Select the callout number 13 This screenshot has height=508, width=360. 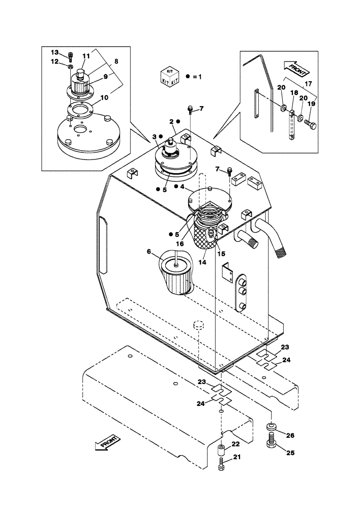pyautogui.click(x=54, y=52)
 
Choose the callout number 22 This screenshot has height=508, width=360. pyautogui.click(x=235, y=444)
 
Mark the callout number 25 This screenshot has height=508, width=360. pyautogui.click(x=290, y=452)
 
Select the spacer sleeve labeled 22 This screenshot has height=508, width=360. pyautogui.click(x=222, y=449)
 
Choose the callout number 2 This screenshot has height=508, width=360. pyautogui.click(x=172, y=122)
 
